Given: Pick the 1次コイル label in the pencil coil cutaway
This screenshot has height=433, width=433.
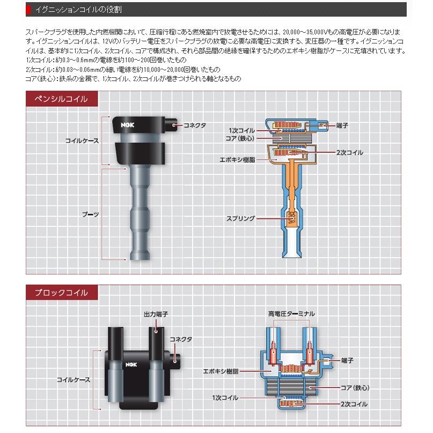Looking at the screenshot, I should [242, 130].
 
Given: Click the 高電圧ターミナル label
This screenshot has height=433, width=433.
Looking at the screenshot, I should [292, 313].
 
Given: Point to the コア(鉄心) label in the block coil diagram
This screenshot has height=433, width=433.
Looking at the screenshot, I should [355, 387].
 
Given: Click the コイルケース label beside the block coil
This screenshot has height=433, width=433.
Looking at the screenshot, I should [74, 379].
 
